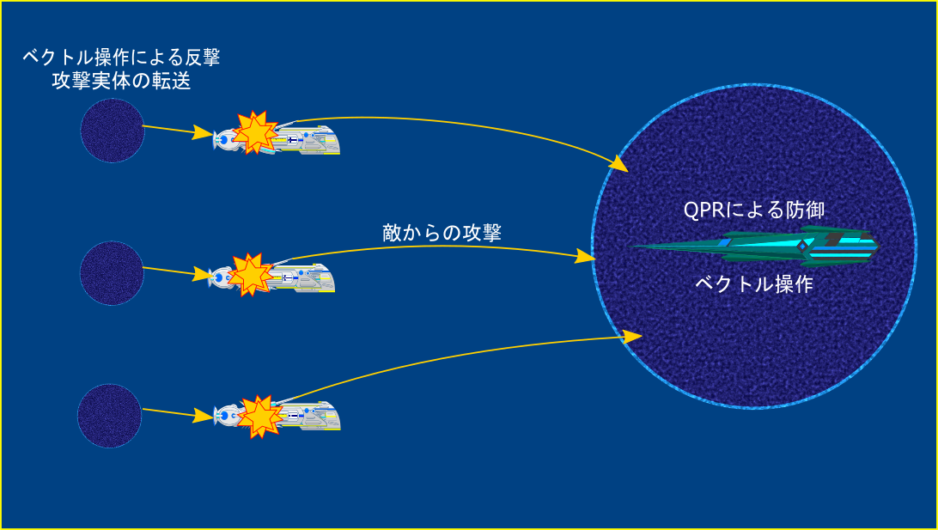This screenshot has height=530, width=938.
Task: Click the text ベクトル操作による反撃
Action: point(121,58)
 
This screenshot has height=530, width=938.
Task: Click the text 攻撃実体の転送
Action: point(121,81)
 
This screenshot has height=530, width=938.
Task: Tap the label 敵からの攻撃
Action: point(442,233)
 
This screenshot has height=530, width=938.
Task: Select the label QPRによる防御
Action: point(754,210)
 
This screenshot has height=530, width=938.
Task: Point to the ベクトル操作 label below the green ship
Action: point(754,283)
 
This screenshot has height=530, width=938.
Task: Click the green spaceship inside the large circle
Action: point(756,247)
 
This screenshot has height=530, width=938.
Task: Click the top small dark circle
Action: point(113,131)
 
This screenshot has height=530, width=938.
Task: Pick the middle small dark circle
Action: point(112,273)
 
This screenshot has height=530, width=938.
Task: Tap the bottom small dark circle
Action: point(109,416)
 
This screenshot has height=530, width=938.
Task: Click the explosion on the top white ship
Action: point(255,132)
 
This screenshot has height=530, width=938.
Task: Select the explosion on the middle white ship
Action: point(251,275)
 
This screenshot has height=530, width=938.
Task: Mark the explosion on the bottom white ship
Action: point(259,417)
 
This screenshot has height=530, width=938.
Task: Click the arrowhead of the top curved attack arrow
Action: point(620,164)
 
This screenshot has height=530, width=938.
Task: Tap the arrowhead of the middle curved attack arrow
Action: point(585,257)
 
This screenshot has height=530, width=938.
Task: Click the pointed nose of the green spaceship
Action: point(633,247)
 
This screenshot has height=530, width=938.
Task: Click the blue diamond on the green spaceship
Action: point(802,246)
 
